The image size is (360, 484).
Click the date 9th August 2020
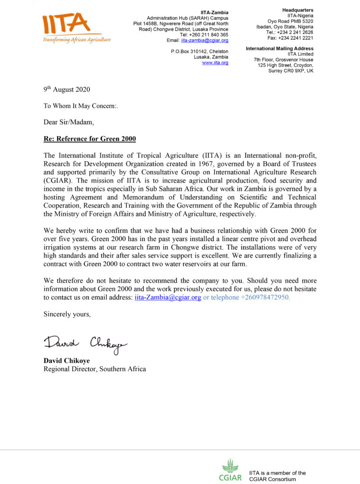tap(67, 89)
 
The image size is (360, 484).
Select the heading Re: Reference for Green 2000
tap(89, 139)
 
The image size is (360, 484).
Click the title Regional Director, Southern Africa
tap(95, 369)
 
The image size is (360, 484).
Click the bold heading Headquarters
tap(298, 10)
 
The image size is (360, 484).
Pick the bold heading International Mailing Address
tap(280, 48)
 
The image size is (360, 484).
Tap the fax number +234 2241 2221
tap(296, 38)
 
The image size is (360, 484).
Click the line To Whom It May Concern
tap(80, 106)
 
